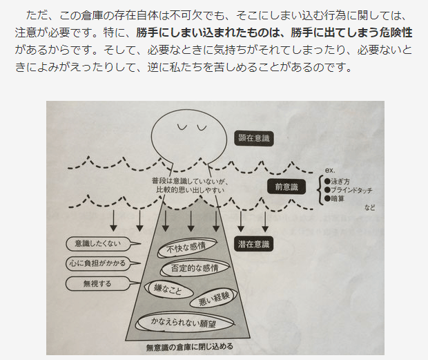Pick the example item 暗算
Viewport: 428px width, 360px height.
pos(339,198)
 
